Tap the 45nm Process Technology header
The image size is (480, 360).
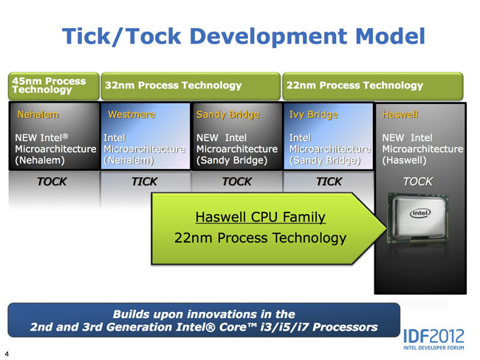click(49, 86)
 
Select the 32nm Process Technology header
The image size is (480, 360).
click(174, 86)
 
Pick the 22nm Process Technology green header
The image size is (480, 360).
click(353, 86)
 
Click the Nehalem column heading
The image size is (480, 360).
click(38, 115)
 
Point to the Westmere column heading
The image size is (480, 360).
click(131, 115)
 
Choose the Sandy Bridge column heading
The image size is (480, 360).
click(227, 115)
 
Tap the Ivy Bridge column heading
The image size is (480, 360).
click(314, 115)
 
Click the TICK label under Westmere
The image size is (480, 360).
click(144, 181)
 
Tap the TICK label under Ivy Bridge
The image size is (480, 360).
click(329, 181)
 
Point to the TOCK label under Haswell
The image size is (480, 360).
click(418, 181)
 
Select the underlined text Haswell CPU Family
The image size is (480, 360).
click(260, 217)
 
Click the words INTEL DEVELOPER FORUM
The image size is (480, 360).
click(433, 347)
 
